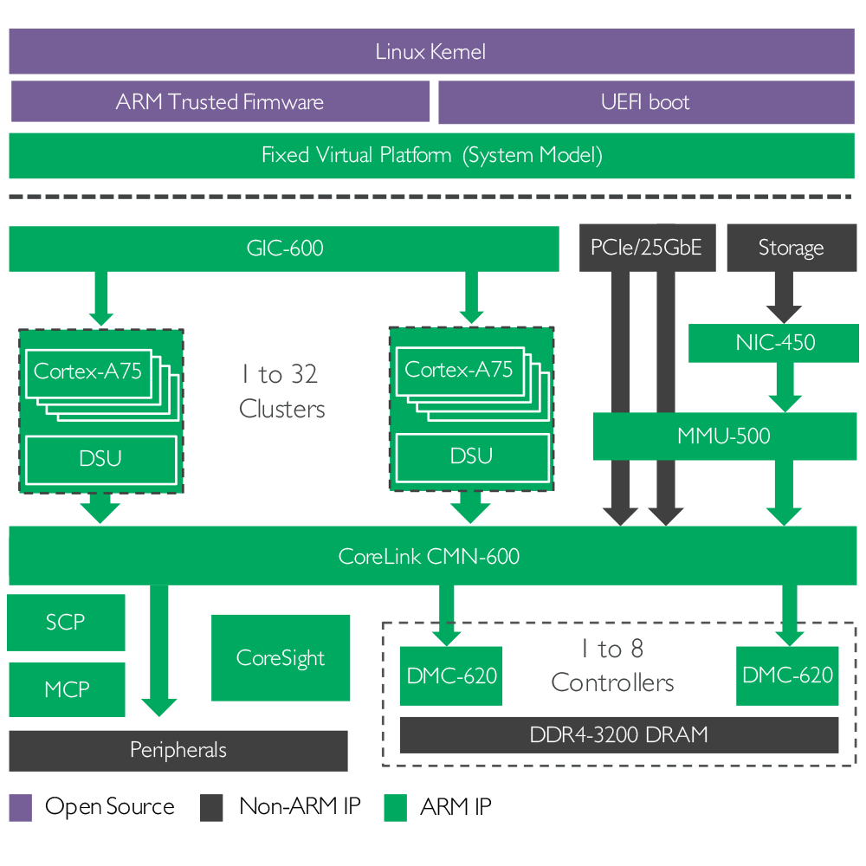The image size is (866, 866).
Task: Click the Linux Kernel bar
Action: click(x=430, y=52)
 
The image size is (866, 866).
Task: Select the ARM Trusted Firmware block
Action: click(x=220, y=102)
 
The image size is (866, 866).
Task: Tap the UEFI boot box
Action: click(x=645, y=102)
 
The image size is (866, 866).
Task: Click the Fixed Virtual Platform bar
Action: click(x=430, y=156)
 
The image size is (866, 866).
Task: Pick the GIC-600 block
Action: click(x=283, y=249)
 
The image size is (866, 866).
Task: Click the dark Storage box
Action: click(x=791, y=248)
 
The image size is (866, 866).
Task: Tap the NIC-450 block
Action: click(x=775, y=342)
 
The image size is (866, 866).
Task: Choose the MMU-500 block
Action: click(x=723, y=436)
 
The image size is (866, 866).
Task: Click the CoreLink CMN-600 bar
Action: click(x=430, y=556)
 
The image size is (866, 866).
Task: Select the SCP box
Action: click(x=66, y=622)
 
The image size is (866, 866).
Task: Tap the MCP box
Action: click(x=66, y=689)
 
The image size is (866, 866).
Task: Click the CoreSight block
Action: click(x=280, y=658)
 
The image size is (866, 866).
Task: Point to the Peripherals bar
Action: click(x=178, y=750)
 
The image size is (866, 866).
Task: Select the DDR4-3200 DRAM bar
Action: click(x=618, y=735)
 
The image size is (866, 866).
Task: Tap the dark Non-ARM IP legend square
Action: click(x=211, y=807)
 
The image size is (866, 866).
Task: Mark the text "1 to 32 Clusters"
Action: click(x=281, y=391)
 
